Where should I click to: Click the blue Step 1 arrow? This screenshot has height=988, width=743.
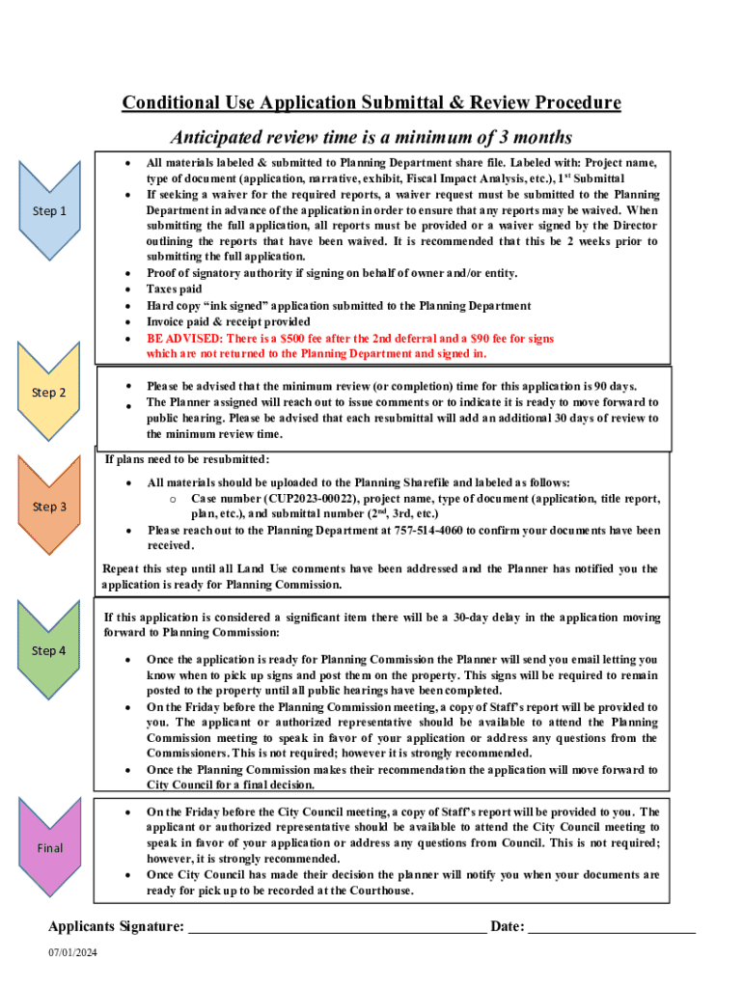[x=49, y=210]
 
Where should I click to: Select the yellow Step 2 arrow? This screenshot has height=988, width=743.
[x=49, y=393]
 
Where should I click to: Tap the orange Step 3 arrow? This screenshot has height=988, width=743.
[x=49, y=507]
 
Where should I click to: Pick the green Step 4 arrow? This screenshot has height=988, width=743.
[x=49, y=650]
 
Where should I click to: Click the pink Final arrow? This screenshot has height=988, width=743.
[x=49, y=848]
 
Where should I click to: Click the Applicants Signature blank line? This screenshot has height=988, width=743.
[x=337, y=927]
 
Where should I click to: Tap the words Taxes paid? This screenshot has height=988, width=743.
[x=175, y=288]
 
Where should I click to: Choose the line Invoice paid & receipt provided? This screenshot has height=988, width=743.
[x=229, y=321]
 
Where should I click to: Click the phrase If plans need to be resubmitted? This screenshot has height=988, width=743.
[x=186, y=459]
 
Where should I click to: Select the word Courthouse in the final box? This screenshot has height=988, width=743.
[x=379, y=891]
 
